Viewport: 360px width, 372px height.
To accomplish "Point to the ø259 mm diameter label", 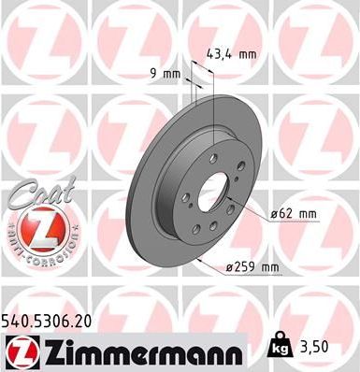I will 253,269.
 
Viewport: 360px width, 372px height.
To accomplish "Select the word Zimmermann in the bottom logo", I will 140,351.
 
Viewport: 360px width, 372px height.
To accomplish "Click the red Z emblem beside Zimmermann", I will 19,351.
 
